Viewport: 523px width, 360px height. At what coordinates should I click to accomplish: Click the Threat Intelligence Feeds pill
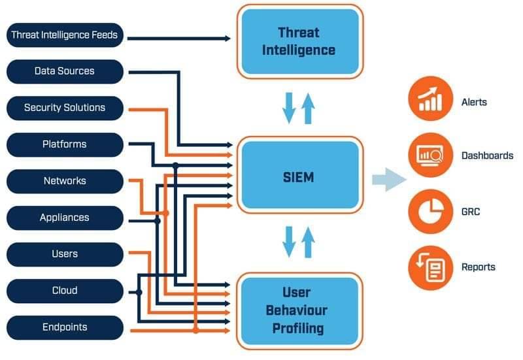[x=65, y=35]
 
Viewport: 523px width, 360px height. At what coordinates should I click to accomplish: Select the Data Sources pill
[x=65, y=71]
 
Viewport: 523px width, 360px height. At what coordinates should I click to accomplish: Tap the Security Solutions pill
[x=65, y=108]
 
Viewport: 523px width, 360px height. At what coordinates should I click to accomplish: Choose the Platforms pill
[x=65, y=144]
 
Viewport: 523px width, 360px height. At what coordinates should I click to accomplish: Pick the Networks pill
[x=65, y=182]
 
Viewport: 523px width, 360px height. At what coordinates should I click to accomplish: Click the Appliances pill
[x=65, y=218]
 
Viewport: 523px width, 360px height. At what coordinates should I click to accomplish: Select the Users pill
[x=65, y=254]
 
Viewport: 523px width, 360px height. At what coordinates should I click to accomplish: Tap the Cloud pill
[x=65, y=291]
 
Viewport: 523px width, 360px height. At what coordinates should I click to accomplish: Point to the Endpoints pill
[x=65, y=328]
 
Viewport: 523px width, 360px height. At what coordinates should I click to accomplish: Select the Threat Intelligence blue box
[x=300, y=41]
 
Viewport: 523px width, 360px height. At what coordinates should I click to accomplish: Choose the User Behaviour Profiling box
[x=299, y=311]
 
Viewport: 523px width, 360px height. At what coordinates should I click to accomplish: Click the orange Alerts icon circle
[x=430, y=99]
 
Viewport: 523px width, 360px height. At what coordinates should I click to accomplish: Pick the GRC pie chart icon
[x=431, y=211]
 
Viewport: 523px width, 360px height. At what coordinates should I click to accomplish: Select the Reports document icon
[x=431, y=268]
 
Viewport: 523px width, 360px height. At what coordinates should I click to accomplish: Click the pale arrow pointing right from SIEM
[x=389, y=180]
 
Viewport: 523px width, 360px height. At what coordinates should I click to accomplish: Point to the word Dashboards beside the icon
[x=487, y=155]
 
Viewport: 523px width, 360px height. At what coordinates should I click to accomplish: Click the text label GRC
[x=471, y=212]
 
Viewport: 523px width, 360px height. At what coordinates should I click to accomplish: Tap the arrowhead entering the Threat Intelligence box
[x=228, y=39]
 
